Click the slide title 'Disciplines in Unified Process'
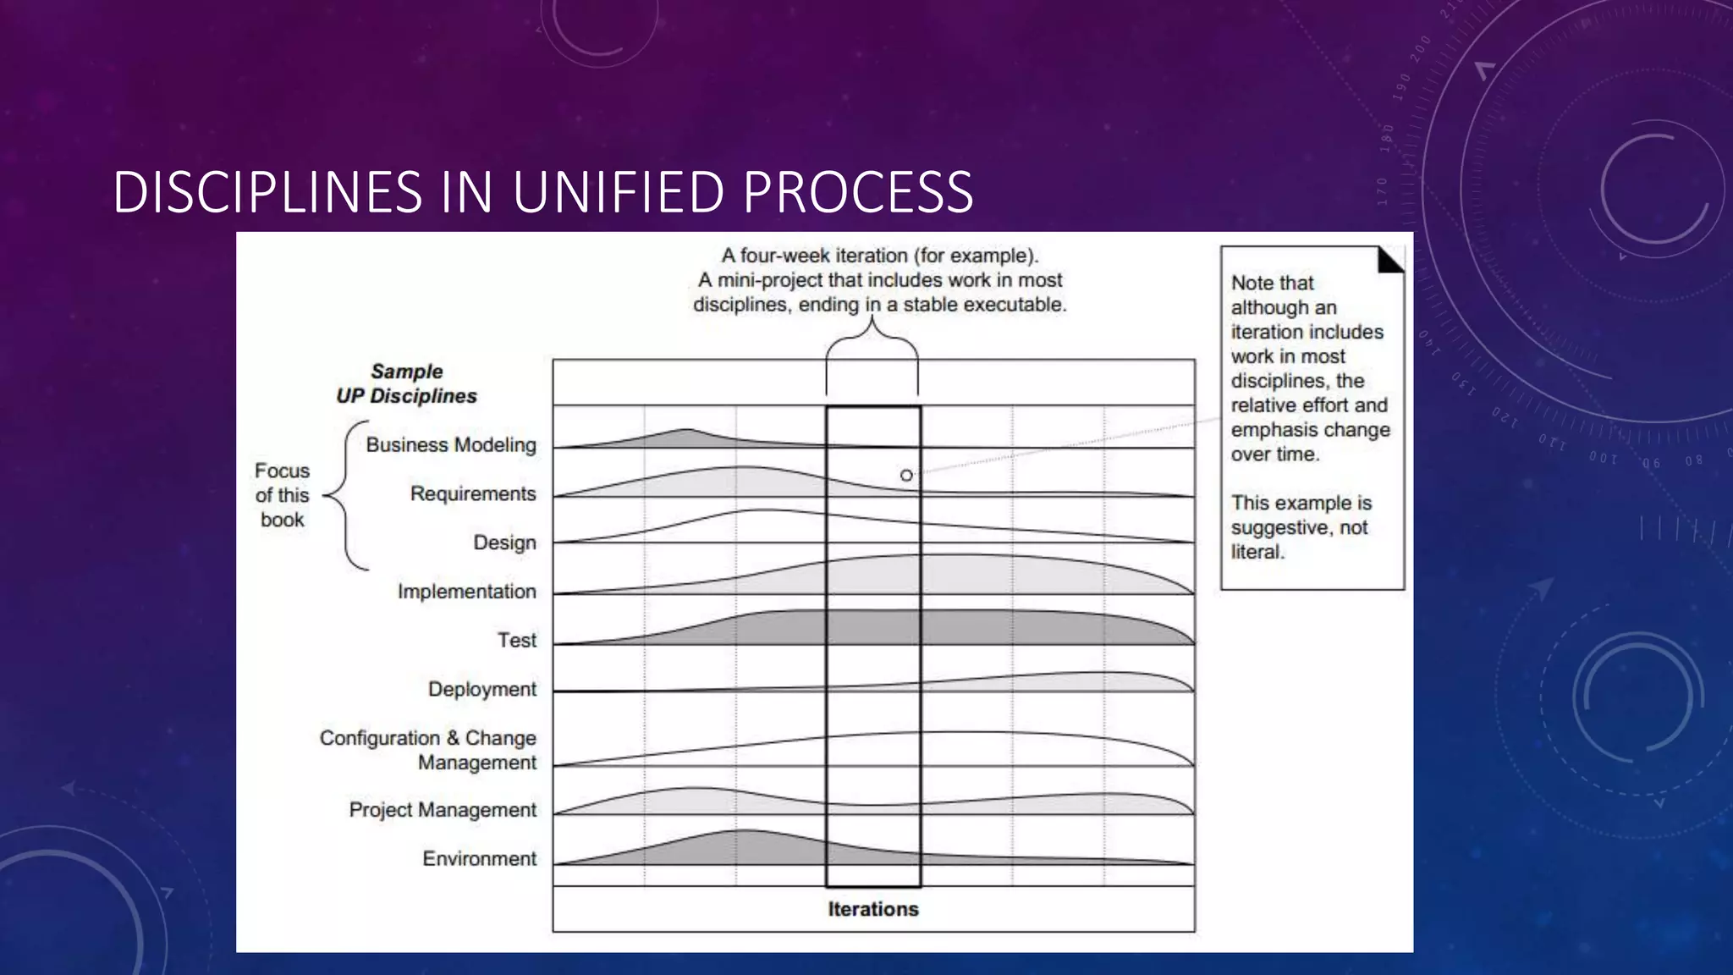542,192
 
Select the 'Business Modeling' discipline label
451,445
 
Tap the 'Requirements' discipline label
473,494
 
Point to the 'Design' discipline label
504,543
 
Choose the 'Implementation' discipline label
466,592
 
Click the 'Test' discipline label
516,641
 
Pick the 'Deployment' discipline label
481,690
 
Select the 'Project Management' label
443,810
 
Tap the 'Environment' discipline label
479,859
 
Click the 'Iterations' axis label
872,910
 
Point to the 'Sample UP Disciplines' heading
406,384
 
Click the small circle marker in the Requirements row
906,476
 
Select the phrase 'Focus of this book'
282,495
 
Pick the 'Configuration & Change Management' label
427,750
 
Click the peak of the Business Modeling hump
688,431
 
